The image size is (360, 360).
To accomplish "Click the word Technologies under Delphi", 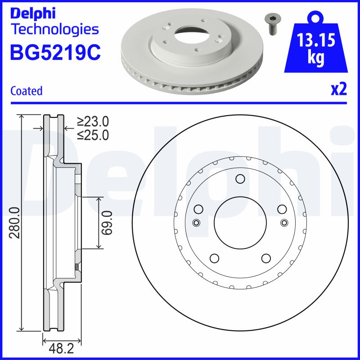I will (x=54, y=30).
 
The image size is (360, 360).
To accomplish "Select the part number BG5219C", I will (x=55, y=52).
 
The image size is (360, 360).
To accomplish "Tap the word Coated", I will (x=26, y=91).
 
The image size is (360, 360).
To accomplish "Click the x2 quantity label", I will (x=339, y=90).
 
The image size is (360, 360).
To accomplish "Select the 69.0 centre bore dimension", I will (x=107, y=222).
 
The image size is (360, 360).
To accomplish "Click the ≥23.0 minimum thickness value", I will (x=93, y=121).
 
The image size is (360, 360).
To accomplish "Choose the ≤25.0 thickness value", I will (x=93, y=135).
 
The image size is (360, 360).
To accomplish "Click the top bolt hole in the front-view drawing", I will (x=239, y=180).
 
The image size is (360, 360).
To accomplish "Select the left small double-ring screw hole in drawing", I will (x=196, y=223).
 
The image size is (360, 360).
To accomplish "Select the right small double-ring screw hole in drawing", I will (x=283, y=223).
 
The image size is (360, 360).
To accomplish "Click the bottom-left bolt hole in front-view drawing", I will (x=214, y=258).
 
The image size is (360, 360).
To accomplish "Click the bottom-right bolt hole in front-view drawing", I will (x=265, y=258).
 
